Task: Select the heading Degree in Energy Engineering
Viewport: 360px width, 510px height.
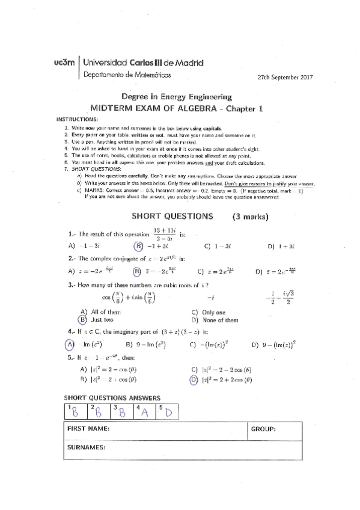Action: [x=177, y=96]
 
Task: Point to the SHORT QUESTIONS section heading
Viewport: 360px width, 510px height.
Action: [x=172, y=215]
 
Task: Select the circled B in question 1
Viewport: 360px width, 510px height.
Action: [x=138, y=246]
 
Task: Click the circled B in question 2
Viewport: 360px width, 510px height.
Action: [x=137, y=271]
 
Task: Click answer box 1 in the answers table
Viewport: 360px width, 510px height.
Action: [x=75, y=411]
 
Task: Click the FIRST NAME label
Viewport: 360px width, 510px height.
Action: [x=88, y=429]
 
